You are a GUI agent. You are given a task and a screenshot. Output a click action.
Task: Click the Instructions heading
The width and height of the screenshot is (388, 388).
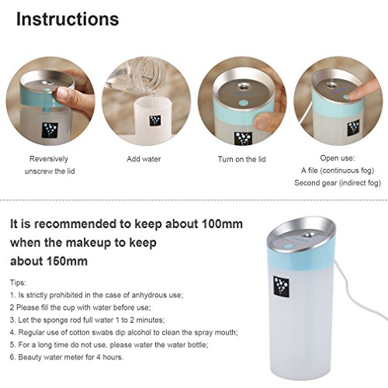pos(68,19)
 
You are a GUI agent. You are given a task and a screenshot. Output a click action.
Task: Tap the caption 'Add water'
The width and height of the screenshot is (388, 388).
pos(144,159)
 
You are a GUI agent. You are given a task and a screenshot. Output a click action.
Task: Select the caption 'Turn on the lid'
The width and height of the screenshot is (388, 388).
pos(242,159)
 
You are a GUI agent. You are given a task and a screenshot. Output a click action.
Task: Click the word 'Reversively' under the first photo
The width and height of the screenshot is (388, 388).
pos(49,159)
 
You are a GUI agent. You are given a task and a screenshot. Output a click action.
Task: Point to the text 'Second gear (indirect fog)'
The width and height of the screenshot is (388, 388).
pos(338,183)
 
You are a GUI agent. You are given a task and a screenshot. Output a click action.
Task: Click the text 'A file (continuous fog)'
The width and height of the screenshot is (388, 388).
pos(338,171)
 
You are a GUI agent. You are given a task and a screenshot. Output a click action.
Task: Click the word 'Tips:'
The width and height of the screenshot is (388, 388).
pos(18,282)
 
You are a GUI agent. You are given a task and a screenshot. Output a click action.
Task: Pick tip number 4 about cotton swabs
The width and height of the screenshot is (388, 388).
pos(124,332)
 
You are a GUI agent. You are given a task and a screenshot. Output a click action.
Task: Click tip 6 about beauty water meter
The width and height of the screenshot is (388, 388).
pos(67,357)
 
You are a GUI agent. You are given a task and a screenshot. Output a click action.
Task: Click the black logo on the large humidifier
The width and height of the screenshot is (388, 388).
pos(281,286)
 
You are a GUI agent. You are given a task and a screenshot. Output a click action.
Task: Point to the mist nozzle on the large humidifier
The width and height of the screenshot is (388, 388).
pos(308,235)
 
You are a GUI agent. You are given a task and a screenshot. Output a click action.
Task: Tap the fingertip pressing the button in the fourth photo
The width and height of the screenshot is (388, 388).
pos(352,96)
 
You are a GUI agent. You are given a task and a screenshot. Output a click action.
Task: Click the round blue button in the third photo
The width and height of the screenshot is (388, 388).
pos(243,103)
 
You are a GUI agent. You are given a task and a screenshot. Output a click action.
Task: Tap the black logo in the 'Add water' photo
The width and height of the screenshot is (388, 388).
pos(155,121)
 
